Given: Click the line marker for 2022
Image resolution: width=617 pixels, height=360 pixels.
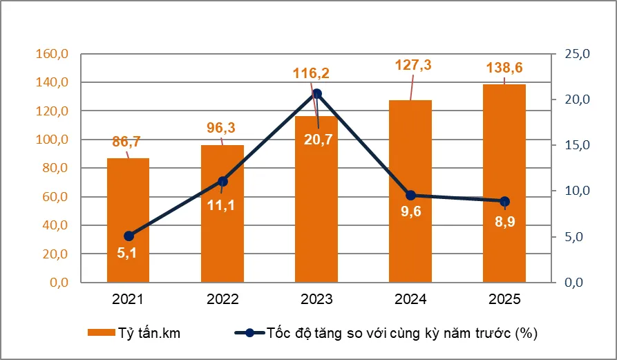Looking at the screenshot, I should [222, 182].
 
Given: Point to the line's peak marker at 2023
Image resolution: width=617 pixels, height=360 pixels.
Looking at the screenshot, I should [316, 94].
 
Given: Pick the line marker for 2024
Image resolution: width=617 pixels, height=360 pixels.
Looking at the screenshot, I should [410, 196].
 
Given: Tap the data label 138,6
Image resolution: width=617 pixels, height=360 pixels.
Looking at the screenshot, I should [505, 68].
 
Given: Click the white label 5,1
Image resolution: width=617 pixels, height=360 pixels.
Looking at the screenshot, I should [126, 254].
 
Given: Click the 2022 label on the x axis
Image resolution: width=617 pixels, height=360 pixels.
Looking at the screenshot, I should [222, 300].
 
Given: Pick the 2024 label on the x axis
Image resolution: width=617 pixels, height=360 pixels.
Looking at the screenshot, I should [410, 300].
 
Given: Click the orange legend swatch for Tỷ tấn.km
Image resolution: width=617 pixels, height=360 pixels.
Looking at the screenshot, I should [100, 333].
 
